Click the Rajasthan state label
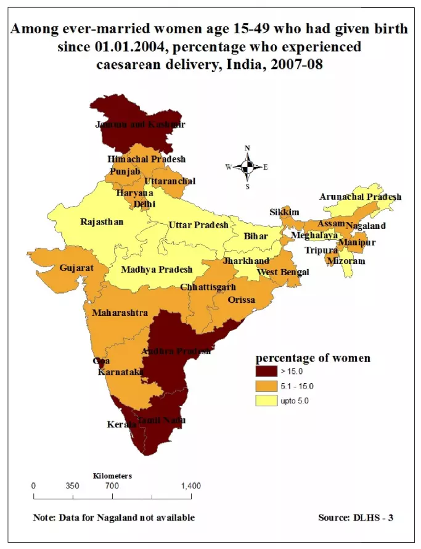[x=102, y=222]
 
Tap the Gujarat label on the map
[x=76, y=268]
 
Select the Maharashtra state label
[x=120, y=313]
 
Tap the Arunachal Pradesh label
[x=360, y=197]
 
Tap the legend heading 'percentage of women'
[x=313, y=358]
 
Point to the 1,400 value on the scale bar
[x=190, y=486]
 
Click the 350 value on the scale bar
[x=72, y=486]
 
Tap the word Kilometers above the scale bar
[x=112, y=476]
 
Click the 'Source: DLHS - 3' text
[x=355, y=518]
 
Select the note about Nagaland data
[x=113, y=518]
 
